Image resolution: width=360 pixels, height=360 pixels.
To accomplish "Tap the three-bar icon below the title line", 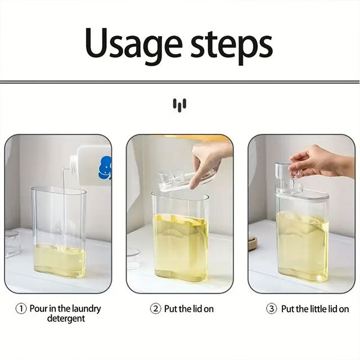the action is pos(179,105).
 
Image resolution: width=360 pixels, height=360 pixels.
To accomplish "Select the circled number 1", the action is pos(21,309).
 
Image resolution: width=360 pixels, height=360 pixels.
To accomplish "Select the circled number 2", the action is pos(155,309).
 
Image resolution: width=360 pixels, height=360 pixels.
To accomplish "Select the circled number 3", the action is pos(271,309).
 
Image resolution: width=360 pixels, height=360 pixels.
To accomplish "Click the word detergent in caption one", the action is pos(66,319).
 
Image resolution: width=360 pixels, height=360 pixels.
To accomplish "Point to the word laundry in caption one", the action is pos(86,309).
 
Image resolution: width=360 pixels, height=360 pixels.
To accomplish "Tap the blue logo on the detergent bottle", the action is pos(105,168).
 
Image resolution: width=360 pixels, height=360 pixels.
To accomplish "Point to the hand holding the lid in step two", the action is pos(208,161).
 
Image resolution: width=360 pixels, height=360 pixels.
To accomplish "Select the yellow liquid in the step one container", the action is pos(60,260).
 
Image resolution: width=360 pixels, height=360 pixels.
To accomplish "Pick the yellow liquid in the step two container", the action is pos(181,247).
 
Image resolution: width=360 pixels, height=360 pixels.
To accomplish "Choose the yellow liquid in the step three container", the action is pos(302,246).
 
